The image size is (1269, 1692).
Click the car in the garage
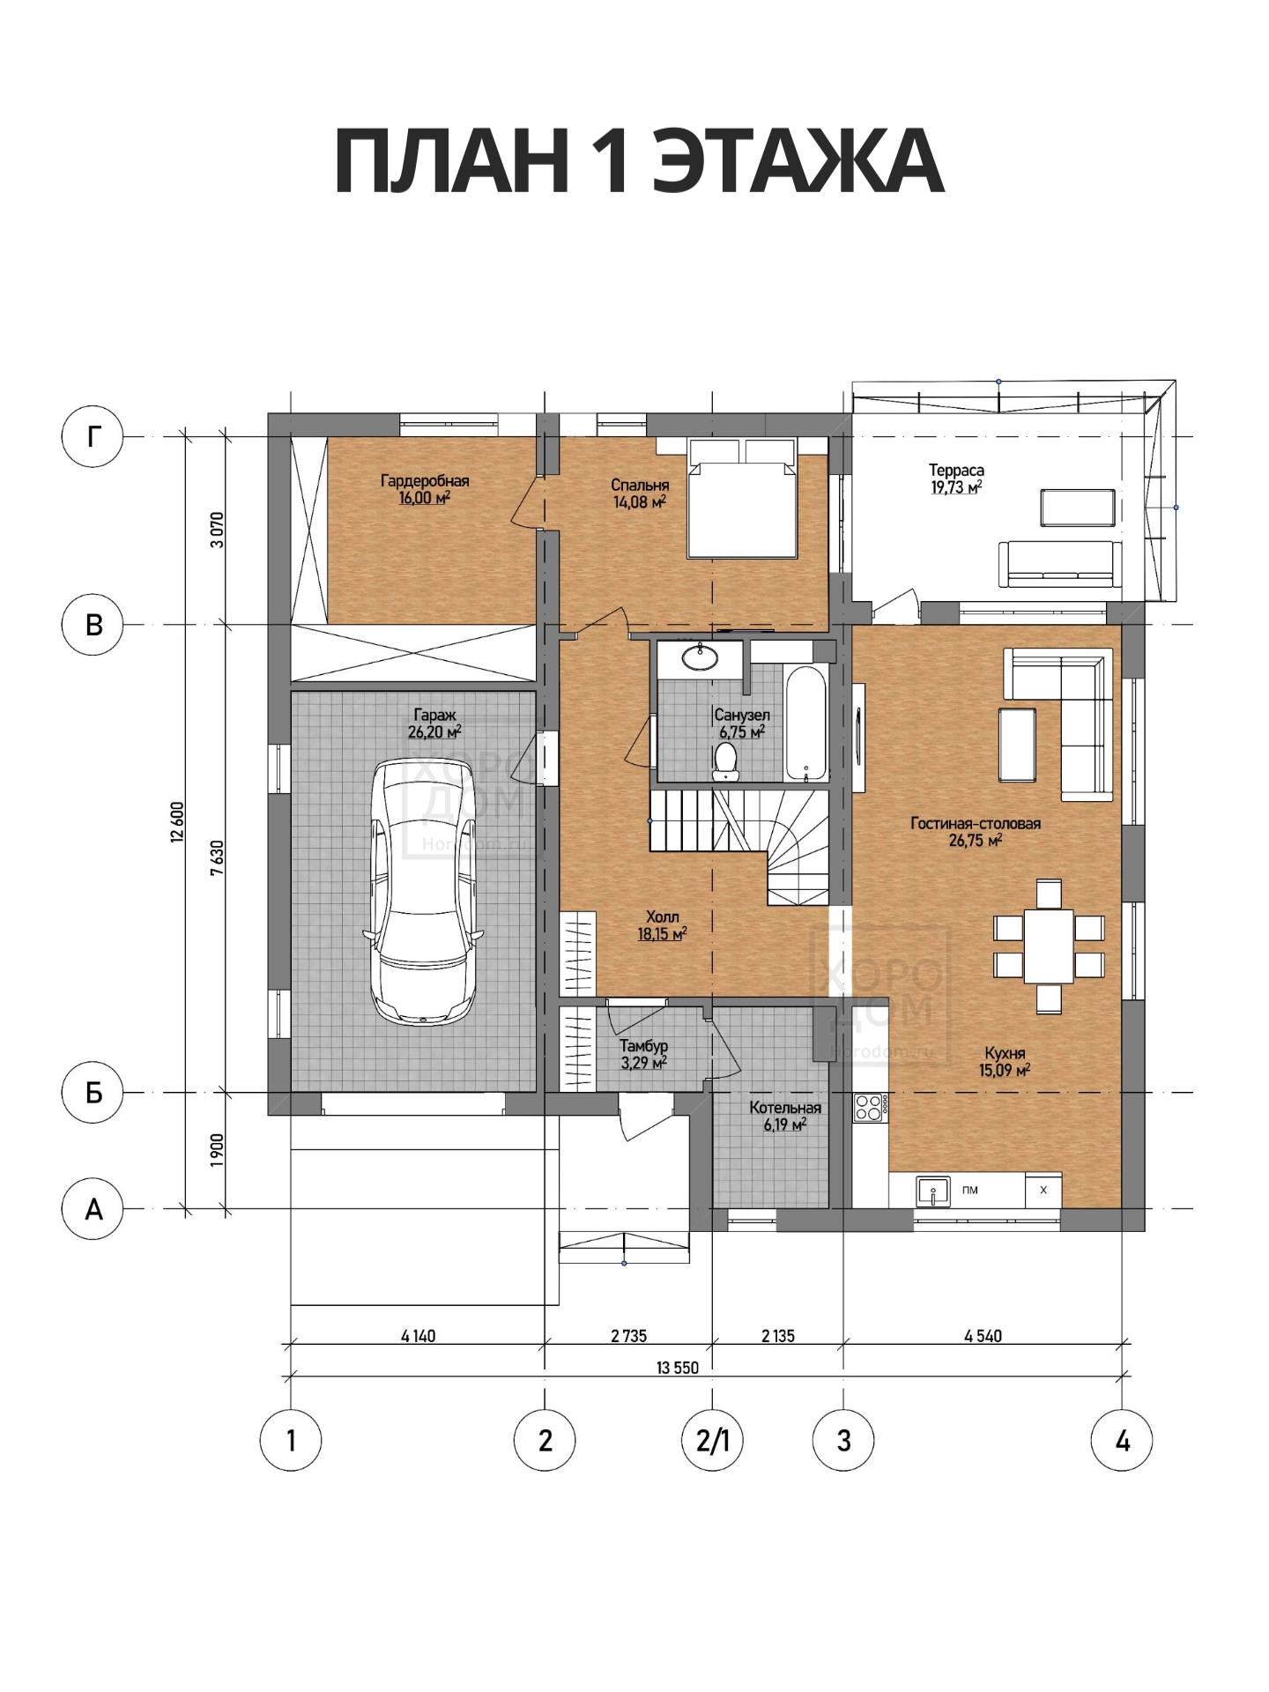(x=424, y=893)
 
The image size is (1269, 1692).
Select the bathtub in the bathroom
(x=806, y=723)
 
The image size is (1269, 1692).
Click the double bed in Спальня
(x=743, y=498)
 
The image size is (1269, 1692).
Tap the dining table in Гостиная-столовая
(x=1049, y=946)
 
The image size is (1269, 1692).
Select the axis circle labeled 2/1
(x=712, y=1441)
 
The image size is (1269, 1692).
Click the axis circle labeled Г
(x=93, y=436)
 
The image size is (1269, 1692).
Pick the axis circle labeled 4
(x=1122, y=1441)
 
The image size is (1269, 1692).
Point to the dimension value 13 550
(x=678, y=1368)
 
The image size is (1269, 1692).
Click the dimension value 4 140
(x=419, y=1336)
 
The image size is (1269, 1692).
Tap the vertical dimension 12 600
(x=177, y=823)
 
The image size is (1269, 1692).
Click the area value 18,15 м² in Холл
(x=662, y=934)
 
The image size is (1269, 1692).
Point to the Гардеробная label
(x=425, y=481)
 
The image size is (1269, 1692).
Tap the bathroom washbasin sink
(x=701, y=654)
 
